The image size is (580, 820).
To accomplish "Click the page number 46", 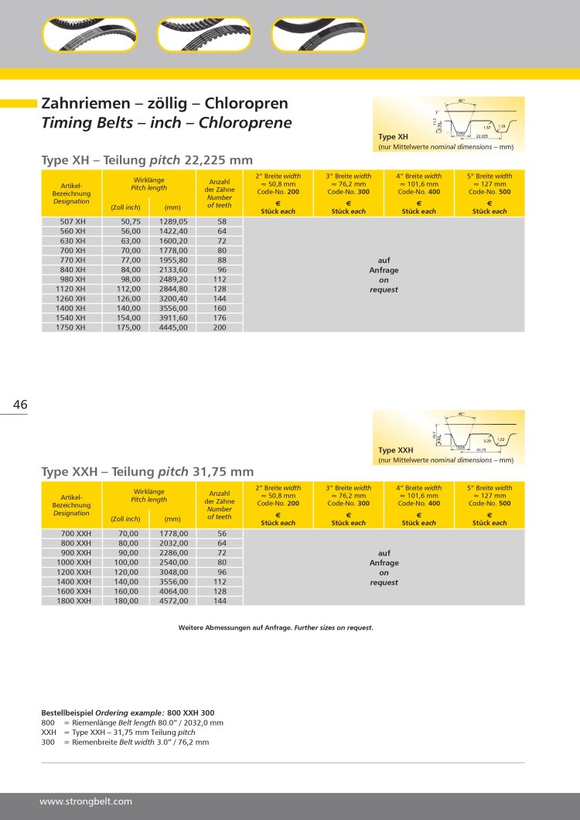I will pos(20,405).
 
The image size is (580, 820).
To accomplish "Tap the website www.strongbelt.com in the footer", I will pos(86,801).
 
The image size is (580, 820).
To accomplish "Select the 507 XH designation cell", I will pos(73,222).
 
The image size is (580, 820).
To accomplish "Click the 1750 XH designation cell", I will pos(73,327).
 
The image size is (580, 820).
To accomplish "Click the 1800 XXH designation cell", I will pos(73,600).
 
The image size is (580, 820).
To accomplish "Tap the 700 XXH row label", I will pos(75,534).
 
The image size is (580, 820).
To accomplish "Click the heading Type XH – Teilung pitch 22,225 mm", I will pos(147,160).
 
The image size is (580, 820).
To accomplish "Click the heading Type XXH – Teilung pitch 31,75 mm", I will pos(147,471).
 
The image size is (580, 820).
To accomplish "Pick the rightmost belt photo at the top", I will pos(318,34).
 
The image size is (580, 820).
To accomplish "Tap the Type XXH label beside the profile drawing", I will pos(395,450).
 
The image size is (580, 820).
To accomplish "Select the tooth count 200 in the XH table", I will pos(221,327).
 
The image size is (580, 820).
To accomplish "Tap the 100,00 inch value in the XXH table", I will pos(127,562).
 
